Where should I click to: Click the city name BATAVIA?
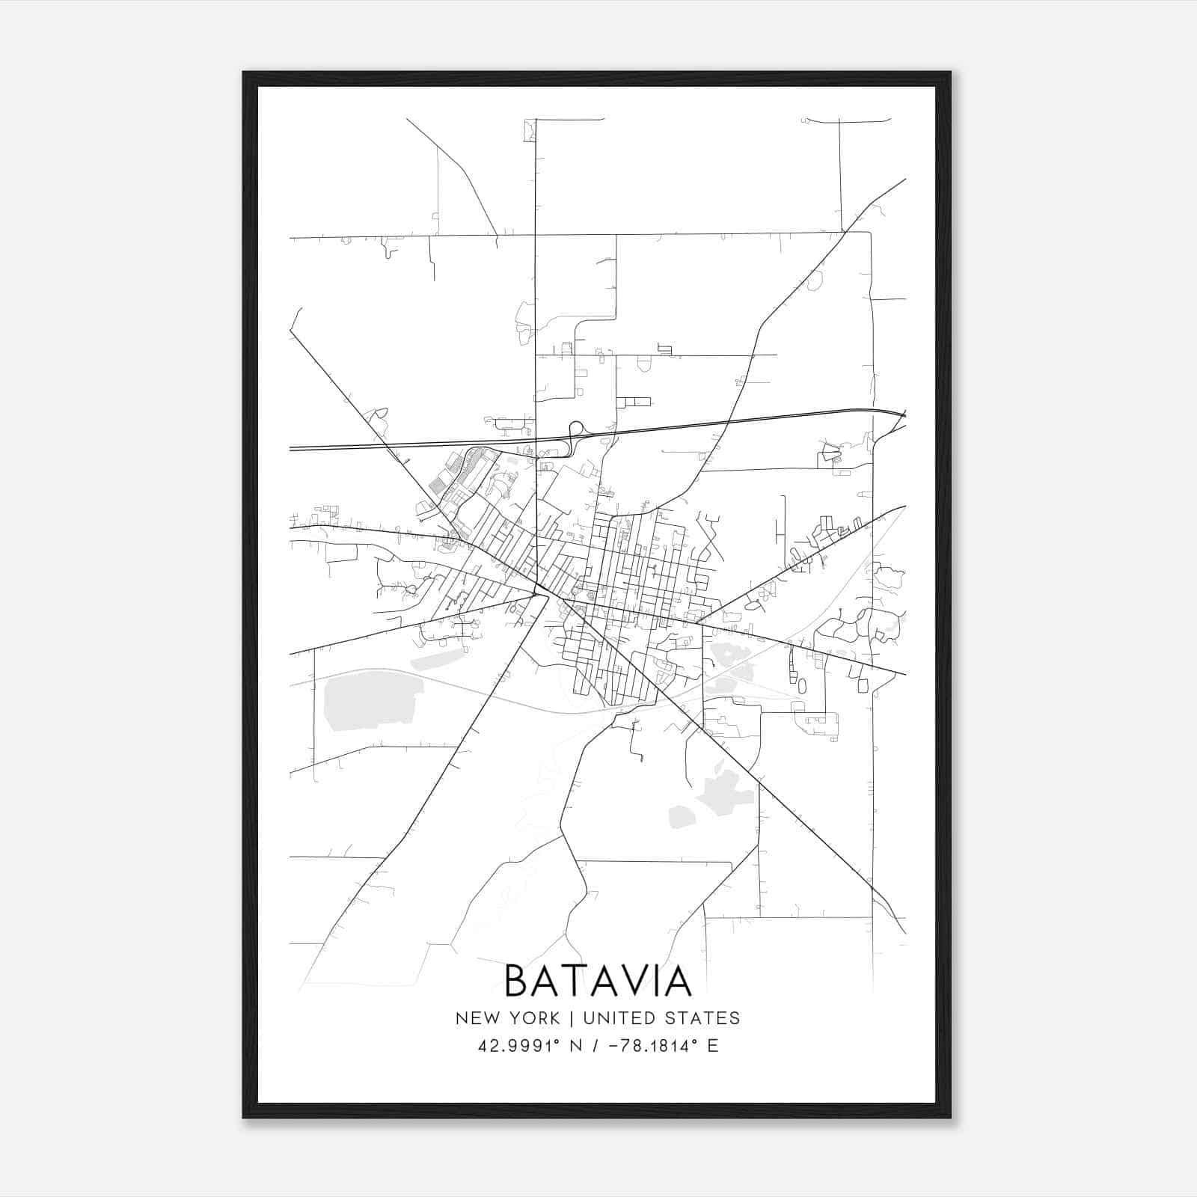pyautogui.click(x=598, y=981)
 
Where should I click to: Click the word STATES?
pyautogui.click(x=702, y=1018)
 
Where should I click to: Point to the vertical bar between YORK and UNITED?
pyautogui.click(x=572, y=1018)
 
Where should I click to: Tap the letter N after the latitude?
pyautogui.click(x=575, y=1046)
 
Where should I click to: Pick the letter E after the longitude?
pyautogui.click(x=712, y=1046)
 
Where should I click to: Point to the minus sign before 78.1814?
pyautogui.click(x=614, y=1046)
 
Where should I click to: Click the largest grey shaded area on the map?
pyautogui.click(x=368, y=699)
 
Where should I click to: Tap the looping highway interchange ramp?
pyautogui.click(x=577, y=431)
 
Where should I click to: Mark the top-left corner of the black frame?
pyautogui.click(x=243, y=73)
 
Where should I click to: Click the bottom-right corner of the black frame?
pyautogui.click(x=950, y=1118)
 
